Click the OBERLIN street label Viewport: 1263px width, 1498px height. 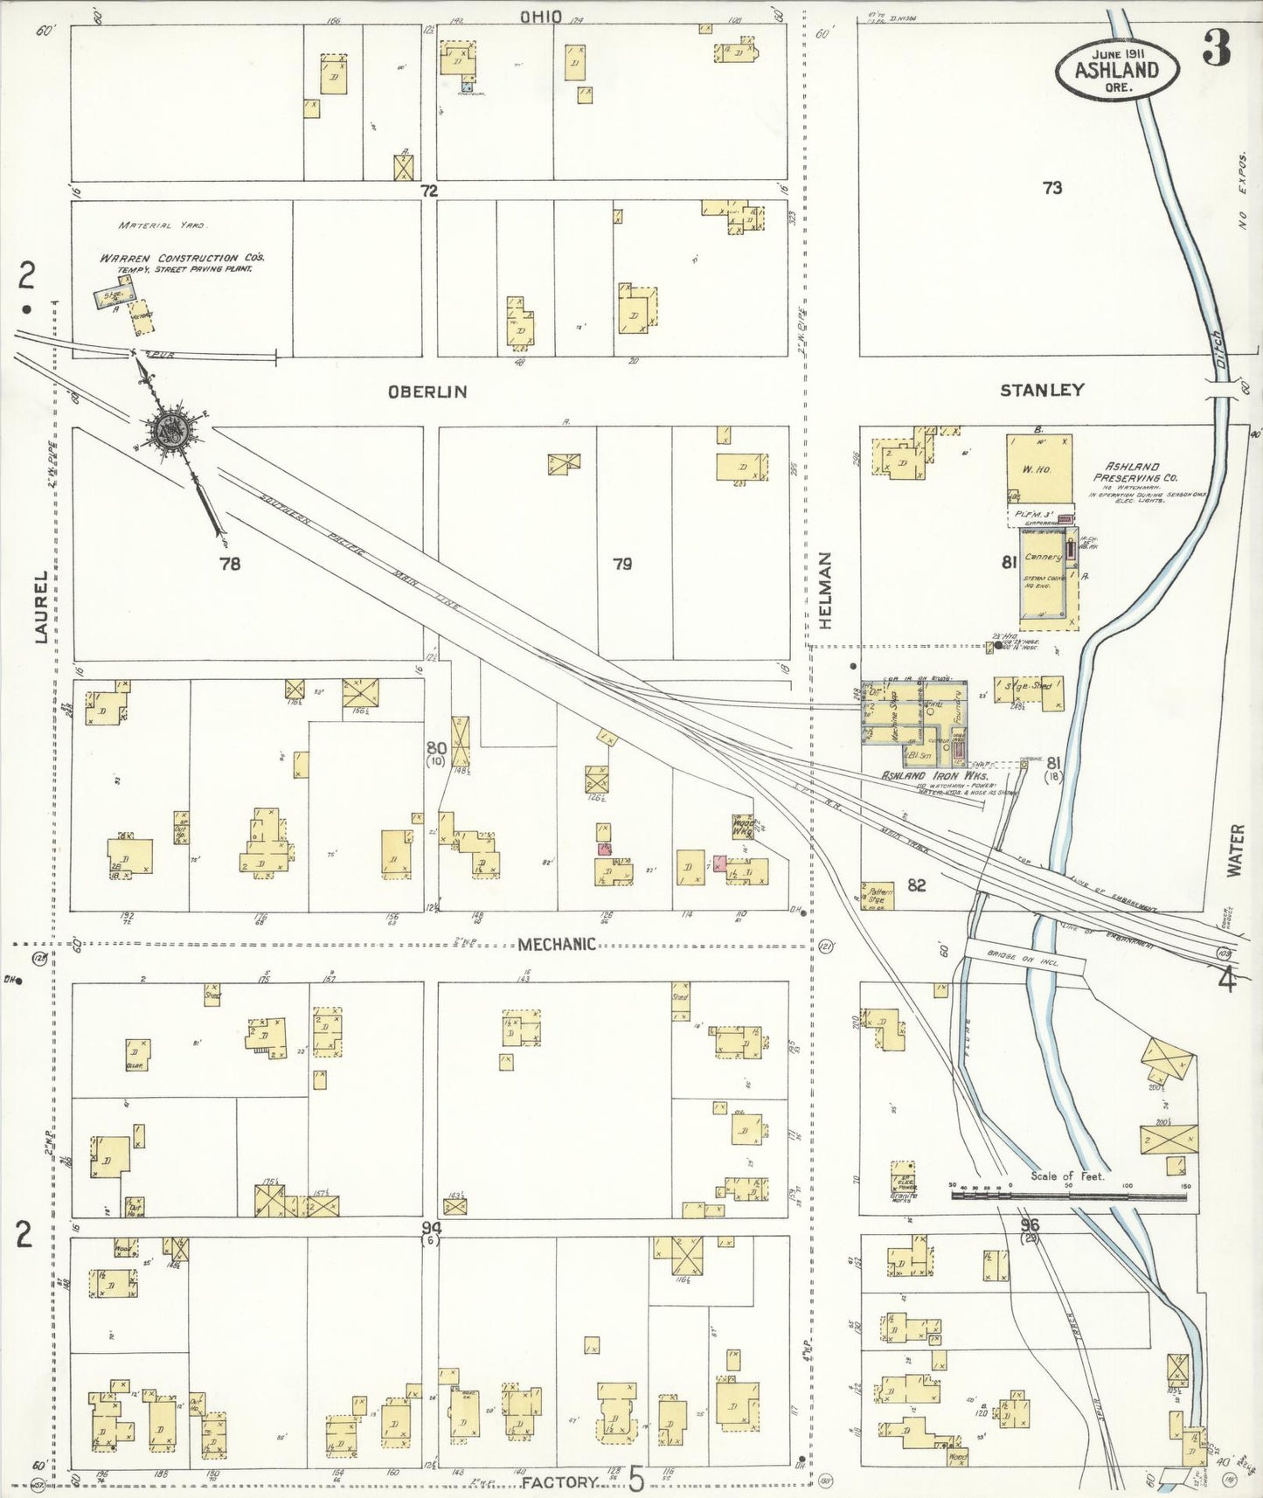pyautogui.click(x=427, y=392)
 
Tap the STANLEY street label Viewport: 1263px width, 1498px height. pyautogui.click(x=1042, y=390)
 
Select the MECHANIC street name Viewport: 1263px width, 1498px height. pyautogui.click(x=557, y=944)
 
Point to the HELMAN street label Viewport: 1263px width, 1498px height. pyautogui.click(x=825, y=591)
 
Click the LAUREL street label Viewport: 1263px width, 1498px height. pyautogui.click(x=41, y=607)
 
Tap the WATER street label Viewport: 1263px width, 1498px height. pyautogui.click(x=1234, y=850)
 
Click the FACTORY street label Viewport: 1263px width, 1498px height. pyautogui.click(x=560, y=1482)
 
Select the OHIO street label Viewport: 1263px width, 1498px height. pyautogui.click(x=541, y=17)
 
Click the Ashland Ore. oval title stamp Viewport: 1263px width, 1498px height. pyautogui.click(x=1116, y=70)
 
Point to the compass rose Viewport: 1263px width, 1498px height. pyautogui.click(x=170, y=430)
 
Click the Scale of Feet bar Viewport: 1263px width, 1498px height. pyautogui.click(x=1068, y=1194)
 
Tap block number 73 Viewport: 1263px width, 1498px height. pyautogui.click(x=1051, y=187)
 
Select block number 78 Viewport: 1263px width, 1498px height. pyautogui.click(x=229, y=564)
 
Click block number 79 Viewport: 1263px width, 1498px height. pyautogui.click(x=621, y=564)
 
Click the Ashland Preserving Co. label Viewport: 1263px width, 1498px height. pyautogui.click(x=1134, y=472)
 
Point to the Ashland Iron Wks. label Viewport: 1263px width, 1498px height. pyautogui.click(x=933, y=775)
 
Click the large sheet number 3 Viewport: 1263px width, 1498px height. pyautogui.click(x=1217, y=48)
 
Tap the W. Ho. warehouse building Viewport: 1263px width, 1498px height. pyautogui.click(x=1038, y=468)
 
